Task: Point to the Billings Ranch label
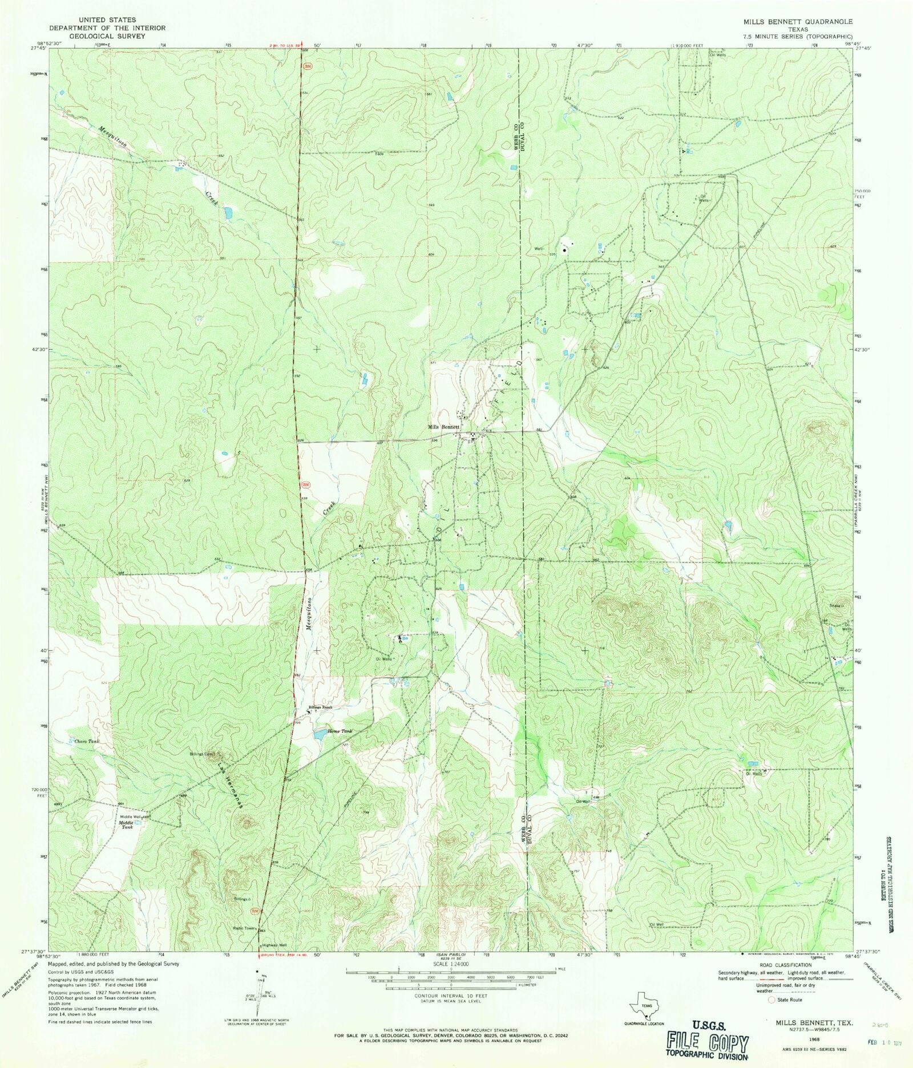320,707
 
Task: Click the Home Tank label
340,731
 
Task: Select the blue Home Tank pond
321,734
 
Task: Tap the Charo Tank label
87,741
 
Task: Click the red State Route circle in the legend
773,1016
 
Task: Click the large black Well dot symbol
565,249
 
